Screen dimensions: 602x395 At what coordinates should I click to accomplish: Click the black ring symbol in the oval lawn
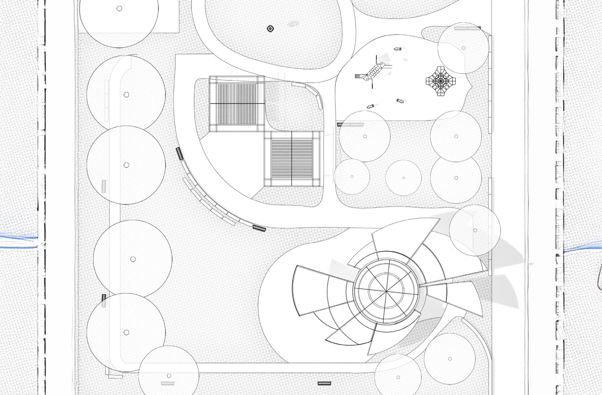(x=270, y=29)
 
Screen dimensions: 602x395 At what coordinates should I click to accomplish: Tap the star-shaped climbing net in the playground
(x=439, y=81)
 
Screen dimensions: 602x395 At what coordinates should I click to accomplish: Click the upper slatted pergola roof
(x=236, y=104)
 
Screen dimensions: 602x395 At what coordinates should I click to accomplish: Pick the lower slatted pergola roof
(x=292, y=159)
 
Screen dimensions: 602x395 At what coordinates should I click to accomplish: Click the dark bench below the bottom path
(x=324, y=384)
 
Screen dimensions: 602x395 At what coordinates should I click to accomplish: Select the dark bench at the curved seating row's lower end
(x=259, y=228)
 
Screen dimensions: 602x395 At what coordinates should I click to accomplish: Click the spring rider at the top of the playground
(x=398, y=49)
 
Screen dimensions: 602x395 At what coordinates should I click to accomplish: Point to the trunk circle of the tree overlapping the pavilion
(x=475, y=230)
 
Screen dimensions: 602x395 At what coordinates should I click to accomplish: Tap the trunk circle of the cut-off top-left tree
(x=119, y=9)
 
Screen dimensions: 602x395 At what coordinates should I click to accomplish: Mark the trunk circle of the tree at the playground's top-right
(x=463, y=48)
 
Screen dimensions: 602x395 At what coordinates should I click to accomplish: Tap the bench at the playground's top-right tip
(x=467, y=28)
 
